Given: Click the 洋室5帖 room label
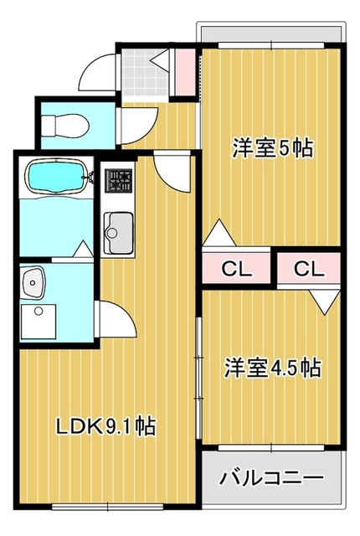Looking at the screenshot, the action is point(273,147).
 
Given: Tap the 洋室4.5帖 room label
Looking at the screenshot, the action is point(273,368).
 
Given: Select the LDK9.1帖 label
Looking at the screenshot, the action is point(105,426).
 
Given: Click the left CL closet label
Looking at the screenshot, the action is point(236,270).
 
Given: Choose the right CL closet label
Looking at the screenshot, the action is point(309,269).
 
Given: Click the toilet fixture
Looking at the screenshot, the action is point(65,126).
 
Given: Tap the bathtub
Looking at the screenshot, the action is point(57,177).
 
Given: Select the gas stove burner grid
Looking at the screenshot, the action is point(119,180).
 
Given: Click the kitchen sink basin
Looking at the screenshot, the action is point(118,231).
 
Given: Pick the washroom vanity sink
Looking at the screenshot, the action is point(33,281).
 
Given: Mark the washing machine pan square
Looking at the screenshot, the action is point(39,322).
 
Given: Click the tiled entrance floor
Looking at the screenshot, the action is point(146,73).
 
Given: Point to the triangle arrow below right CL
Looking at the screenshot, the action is point(326,301).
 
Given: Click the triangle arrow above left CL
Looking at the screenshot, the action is point(219,233).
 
